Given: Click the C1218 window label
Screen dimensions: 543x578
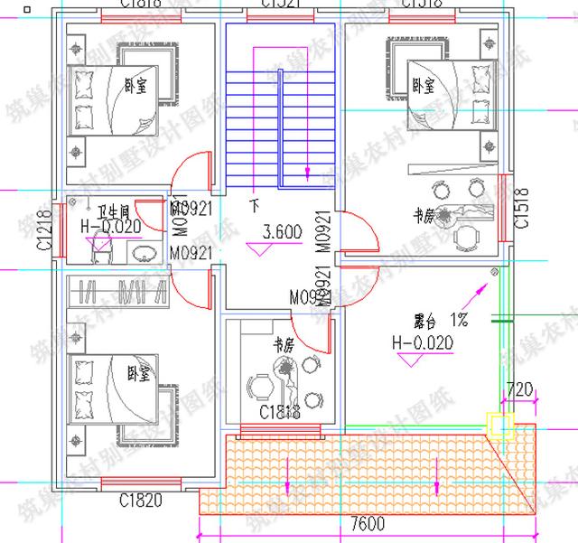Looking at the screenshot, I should [x=42, y=231].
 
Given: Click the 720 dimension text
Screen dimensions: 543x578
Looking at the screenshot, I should [x=520, y=391].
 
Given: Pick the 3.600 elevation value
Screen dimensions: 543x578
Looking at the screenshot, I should [x=281, y=232].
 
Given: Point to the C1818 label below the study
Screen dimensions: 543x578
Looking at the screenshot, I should [x=279, y=412].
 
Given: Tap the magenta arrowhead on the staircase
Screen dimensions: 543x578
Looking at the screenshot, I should [x=309, y=168].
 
